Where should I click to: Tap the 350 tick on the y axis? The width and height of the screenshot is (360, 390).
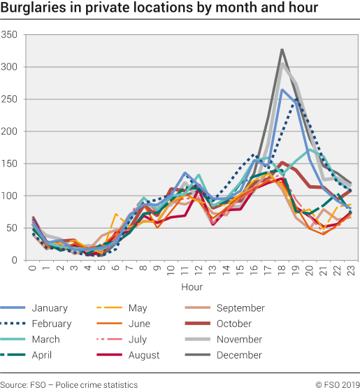coord(10,35)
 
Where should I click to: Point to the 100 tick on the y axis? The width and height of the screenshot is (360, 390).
coord(10,196)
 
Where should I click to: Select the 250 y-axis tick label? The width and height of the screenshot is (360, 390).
coord(10,99)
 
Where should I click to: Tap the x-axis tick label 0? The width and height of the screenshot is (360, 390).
coord(32,268)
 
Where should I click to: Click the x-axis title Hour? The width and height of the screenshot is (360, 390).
coord(191,287)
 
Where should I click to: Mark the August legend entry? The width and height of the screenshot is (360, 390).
coord(143,355)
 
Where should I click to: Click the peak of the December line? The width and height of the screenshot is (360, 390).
coord(282,50)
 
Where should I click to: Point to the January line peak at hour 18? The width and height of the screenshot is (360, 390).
coord(282,89)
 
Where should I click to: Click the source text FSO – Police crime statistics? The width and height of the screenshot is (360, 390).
coord(69,384)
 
